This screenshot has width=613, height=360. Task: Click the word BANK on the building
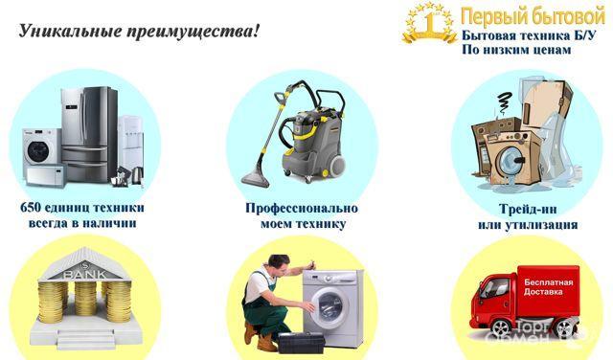pyautogui.click(x=85, y=275)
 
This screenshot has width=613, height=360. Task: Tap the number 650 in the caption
pyautogui.click(x=31, y=207)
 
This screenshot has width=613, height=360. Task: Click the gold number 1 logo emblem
pyautogui.click(x=430, y=22)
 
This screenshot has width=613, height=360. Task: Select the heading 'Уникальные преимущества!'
pyautogui.click(x=139, y=31)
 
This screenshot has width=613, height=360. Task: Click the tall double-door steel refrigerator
pyautogui.click(x=89, y=134)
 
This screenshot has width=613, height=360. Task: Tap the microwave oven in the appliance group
pyautogui.click(x=46, y=174)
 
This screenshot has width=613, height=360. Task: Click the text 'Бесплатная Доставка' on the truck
pyautogui.click(x=549, y=287)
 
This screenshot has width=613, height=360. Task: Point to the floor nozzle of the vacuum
pyautogui.click(x=256, y=178)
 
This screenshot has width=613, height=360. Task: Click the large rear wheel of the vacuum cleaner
pyautogui.click(x=335, y=165)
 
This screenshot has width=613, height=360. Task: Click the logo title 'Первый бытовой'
pyautogui.click(x=533, y=16)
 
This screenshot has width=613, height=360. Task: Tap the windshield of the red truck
pyautogui.click(x=490, y=287)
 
